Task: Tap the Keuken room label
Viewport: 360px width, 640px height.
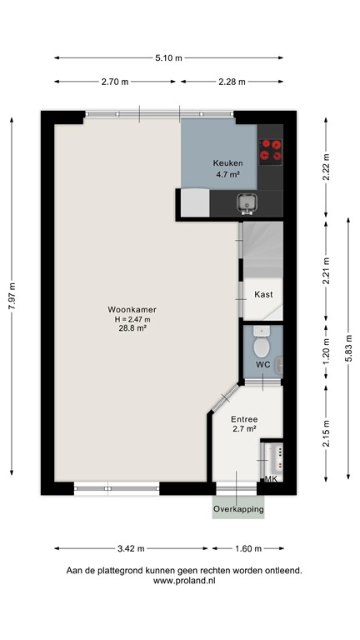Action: [x=227, y=163]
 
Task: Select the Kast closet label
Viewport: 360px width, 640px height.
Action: [x=264, y=294]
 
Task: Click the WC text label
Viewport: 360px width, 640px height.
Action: [x=262, y=365]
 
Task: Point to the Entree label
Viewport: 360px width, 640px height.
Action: [x=244, y=418]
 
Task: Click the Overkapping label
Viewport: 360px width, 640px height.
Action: [x=238, y=508]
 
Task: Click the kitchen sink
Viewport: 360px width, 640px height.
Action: [x=247, y=202]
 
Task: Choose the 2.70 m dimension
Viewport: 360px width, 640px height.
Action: [x=115, y=82]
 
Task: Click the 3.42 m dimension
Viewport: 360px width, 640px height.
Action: [x=132, y=548]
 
